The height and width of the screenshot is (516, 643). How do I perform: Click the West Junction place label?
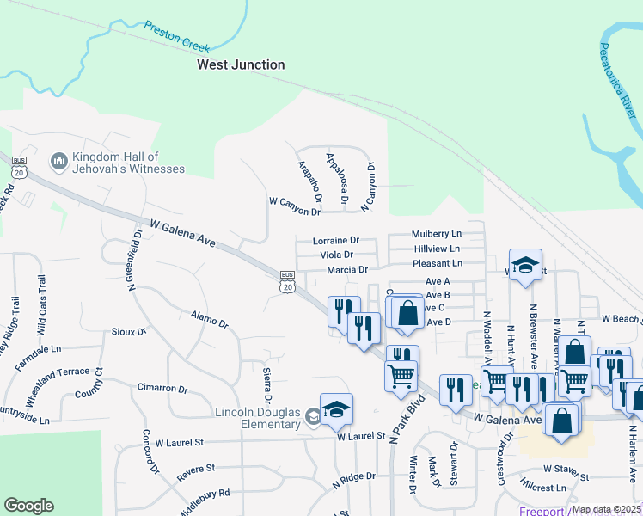[x=241, y=64]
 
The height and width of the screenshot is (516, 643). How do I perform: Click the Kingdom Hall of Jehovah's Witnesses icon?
[x=59, y=161]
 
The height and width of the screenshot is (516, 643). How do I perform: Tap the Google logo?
[x=28, y=506]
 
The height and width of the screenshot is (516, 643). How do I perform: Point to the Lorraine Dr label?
[x=335, y=241]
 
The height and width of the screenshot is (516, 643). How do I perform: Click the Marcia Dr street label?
[x=347, y=270]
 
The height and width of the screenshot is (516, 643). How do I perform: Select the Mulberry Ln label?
[x=436, y=234]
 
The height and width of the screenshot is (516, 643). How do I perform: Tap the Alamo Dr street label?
[x=209, y=319]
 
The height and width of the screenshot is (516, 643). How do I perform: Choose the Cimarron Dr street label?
[x=162, y=389]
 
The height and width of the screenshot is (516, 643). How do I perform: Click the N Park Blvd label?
[x=407, y=420]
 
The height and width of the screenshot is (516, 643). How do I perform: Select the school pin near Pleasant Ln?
[x=524, y=267]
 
